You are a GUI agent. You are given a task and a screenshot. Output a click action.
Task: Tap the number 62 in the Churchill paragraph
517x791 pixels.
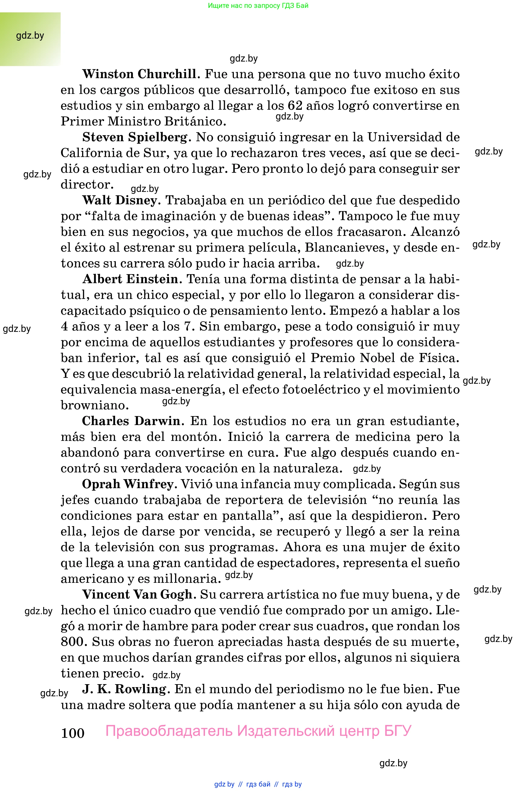(x=295, y=106)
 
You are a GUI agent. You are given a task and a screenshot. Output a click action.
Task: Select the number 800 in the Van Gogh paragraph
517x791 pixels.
(x=73, y=642)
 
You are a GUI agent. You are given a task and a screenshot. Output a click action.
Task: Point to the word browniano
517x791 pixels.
(x=94, y=405)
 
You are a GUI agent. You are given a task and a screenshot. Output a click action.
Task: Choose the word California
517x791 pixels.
(x=91, y=153)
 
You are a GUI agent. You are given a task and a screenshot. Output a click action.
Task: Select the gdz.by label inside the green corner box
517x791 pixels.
(x=30, y=36)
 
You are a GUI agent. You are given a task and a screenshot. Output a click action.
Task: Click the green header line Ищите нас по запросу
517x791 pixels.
(x=258, y=6)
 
